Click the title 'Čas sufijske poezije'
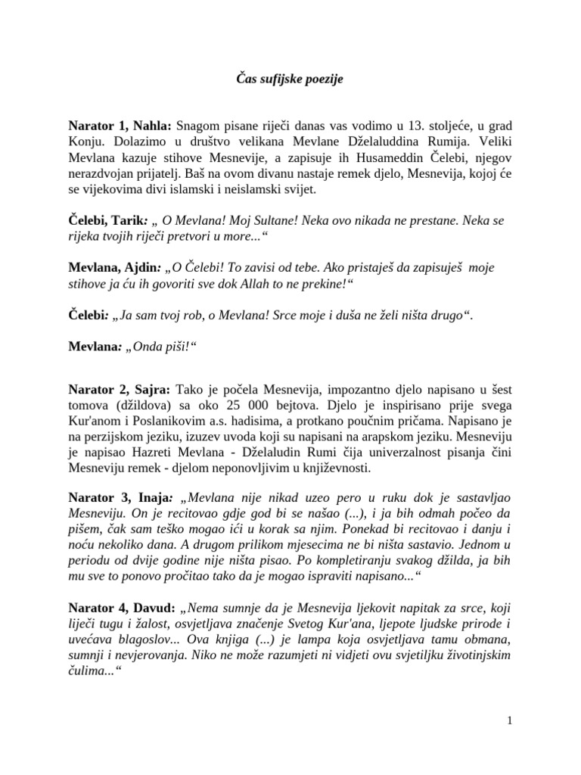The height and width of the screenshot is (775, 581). tap(290, 78)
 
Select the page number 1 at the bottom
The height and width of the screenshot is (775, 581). tap(511, 721)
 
